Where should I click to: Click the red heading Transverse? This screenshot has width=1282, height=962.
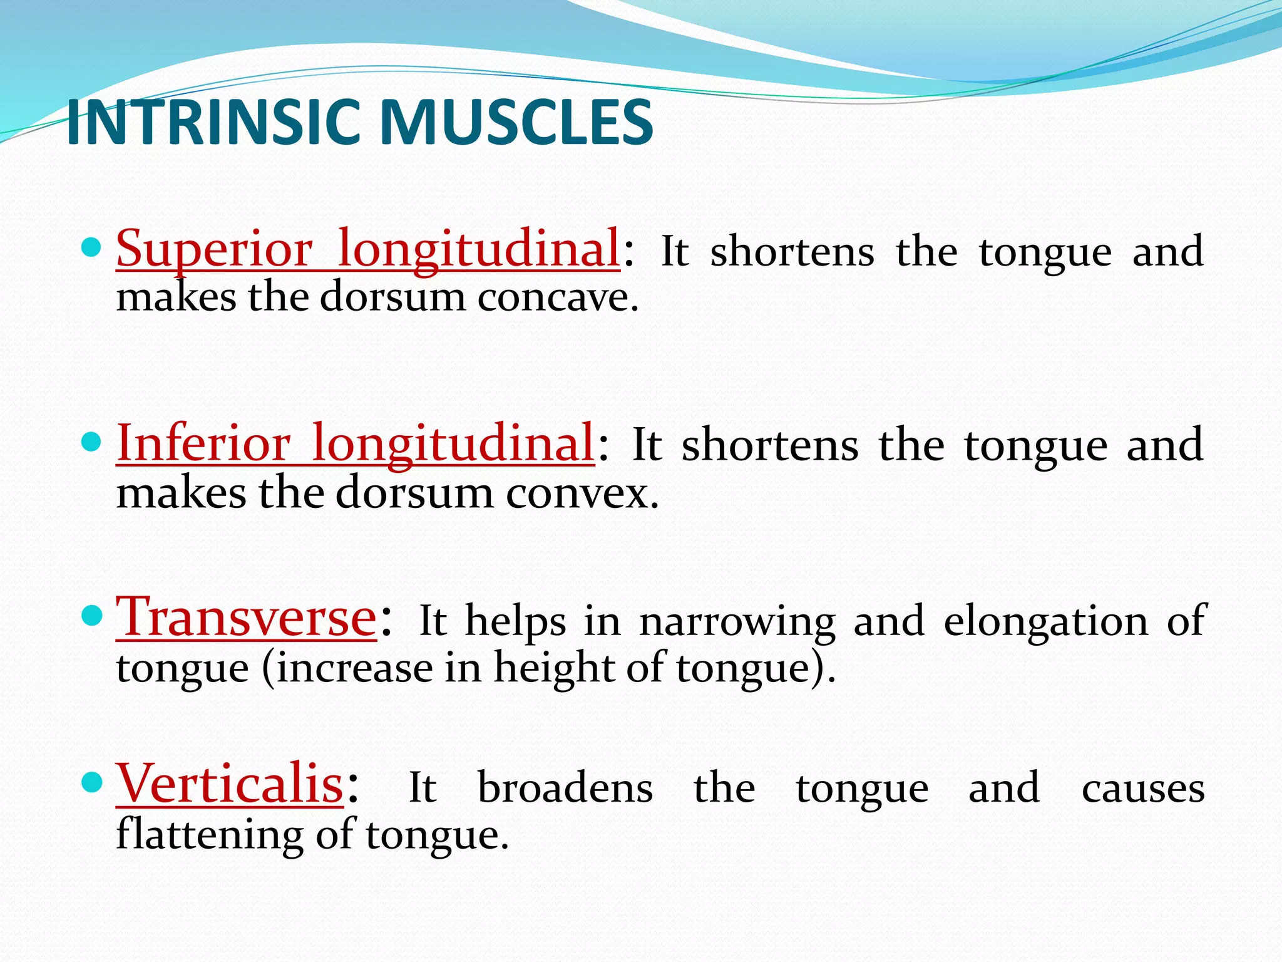pos(247,619)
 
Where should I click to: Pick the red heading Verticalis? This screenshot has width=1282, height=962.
pos(230,785)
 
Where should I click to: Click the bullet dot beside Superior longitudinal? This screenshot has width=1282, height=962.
pos(91,248)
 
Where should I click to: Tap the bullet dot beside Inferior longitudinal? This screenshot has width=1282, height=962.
pos(91,442)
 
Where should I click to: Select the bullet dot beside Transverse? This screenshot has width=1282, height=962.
pos(91,616)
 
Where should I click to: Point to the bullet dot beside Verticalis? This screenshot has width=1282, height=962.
pos(91,782)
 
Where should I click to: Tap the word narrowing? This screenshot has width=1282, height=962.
pos(737,622)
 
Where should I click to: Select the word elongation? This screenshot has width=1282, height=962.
pos(1045,622)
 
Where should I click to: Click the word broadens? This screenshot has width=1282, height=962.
pos(565,788)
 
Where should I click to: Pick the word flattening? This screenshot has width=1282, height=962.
pos(210,835)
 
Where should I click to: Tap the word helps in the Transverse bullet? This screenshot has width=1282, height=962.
pos(515,622)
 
